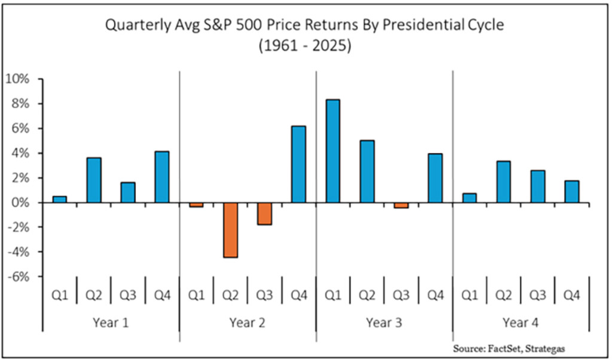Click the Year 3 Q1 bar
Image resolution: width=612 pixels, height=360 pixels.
(x=333, y=151)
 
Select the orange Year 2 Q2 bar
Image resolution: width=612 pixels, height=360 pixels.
(x=231, y=230)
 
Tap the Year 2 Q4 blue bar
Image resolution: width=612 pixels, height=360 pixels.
(x=298, y=164)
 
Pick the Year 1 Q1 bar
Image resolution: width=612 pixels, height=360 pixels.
(x=60, y=200)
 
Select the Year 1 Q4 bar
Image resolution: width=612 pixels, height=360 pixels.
(x=162, y=177)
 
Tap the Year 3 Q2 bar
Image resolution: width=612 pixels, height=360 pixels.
(x=367, y=172)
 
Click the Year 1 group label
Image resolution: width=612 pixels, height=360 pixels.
(x=111, y=323)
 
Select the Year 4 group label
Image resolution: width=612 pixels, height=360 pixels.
(x=520, y=323)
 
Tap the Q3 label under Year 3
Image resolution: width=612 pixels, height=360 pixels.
(x=401, y=295)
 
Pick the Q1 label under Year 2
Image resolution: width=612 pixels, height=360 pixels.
(x=197, y=295)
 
